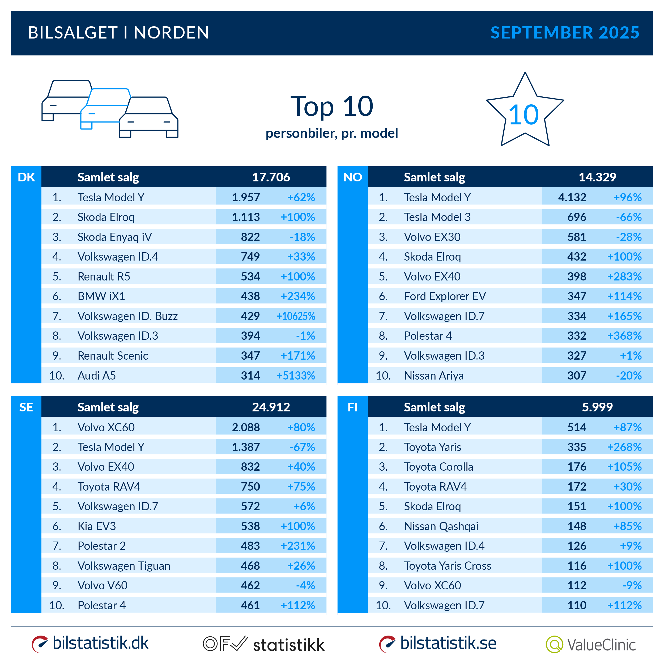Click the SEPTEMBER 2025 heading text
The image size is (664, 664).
pyautogui.click(x=564, y=33)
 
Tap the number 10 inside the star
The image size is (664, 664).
pyautogui.click(x=523, y=115)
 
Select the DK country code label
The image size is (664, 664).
pyautogui.click(x=26, y=177)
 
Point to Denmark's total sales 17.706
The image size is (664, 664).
pyautogui.click(x=271, y=177)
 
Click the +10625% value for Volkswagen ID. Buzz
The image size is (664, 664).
pyautogui.click(x=296, y=316)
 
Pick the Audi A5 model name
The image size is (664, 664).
pyautogui.click(x=97, y=376)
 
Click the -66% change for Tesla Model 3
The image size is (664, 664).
pyautogui.click(x=629, y=217)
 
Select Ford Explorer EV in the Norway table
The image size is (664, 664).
pyautogui.click(x=445, y=296)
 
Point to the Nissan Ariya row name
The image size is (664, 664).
pyautogui.click(x=434, y=376)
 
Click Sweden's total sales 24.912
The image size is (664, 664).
pyautogui.click(x=271, y=407)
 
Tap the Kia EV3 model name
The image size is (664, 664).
pyautogui.click(x=97, y=526)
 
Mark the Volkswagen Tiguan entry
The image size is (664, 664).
pyautogui.click(x=124, y=566)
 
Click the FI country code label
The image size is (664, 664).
pyautogui.click(x=353, y=407)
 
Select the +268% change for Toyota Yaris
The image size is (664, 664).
pyautogui.click(x=624, y=447)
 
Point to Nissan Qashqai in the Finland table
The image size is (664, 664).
pyautogui.click(x=441, y=526)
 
